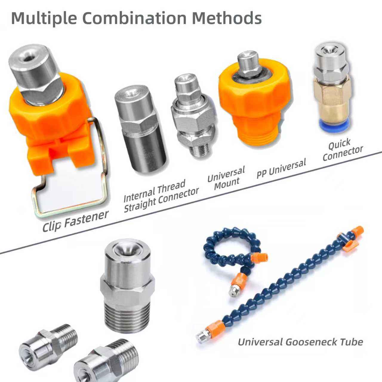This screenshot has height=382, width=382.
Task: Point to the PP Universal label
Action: point(281,169)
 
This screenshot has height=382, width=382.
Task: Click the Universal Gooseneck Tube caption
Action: point(300,341)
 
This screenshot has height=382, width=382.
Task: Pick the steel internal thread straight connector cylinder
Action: point(140,131)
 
